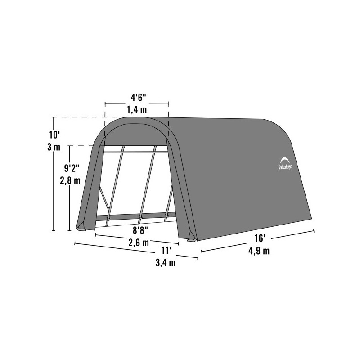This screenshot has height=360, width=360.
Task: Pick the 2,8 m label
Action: point(72,182)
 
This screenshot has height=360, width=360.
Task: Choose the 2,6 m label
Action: point(139,244)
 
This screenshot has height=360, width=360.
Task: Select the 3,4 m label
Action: point(166,263)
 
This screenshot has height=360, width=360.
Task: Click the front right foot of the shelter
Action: point(192,237)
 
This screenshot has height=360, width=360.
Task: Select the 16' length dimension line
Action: point(257,241)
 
